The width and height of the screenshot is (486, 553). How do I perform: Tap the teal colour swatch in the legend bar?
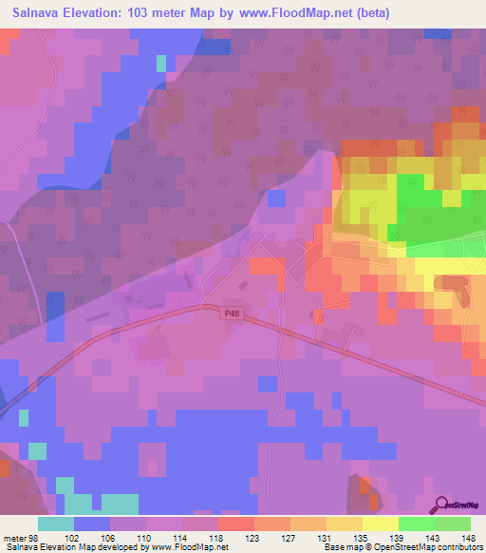(x=56, y=524)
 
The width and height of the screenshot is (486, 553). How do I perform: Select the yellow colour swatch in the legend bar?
(x=380, y=524)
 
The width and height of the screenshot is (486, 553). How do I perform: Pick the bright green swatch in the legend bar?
(x=416, y=524)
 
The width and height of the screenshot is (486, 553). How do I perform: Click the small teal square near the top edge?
(x=161, y=64)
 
